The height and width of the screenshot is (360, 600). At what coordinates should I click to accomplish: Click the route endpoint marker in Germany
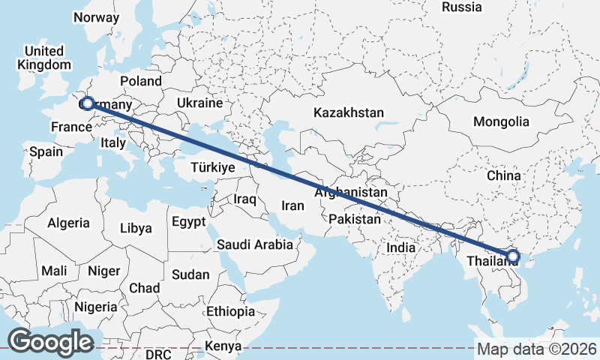87,103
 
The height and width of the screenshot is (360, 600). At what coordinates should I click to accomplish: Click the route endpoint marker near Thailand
512,256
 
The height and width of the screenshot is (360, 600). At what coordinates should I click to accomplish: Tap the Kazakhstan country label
349,113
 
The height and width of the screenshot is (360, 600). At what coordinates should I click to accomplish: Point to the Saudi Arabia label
254,244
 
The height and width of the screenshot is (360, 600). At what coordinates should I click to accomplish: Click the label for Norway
97,17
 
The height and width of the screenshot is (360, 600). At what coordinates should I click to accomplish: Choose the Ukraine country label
200,103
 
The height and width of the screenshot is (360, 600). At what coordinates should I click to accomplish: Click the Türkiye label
214,166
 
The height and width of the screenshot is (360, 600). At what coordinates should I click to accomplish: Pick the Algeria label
68,223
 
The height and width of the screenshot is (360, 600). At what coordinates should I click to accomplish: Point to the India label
400,247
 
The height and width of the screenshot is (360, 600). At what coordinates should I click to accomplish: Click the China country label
503,175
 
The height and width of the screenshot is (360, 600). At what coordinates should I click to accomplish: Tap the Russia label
461,7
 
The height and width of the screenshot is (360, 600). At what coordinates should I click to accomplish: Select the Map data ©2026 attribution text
537,349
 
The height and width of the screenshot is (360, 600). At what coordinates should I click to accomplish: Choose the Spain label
46,151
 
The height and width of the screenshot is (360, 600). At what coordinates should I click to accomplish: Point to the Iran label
292,205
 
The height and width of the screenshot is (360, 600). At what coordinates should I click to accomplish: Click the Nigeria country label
96,307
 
